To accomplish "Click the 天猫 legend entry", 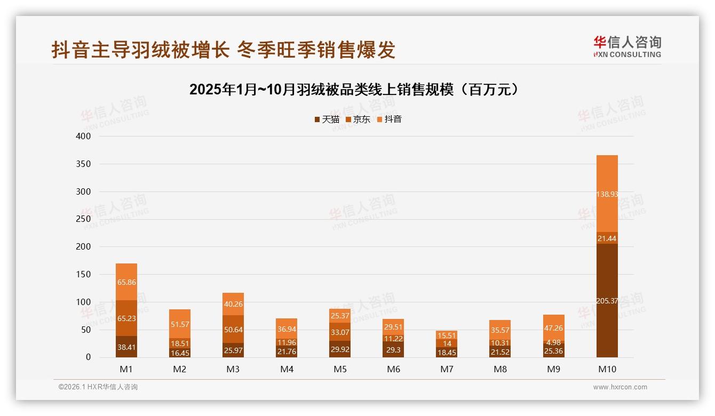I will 327,119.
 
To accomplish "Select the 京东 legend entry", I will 357,119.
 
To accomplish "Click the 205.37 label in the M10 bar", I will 607,301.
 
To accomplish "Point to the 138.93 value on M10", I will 607,194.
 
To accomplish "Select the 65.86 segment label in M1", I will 126,282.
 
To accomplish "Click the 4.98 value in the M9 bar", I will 554,342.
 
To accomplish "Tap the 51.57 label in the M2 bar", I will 180,324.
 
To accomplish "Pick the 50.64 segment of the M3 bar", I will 233,330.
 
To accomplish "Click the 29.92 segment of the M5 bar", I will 340,350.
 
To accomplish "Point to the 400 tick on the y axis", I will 84,137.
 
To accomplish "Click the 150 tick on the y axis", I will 84,275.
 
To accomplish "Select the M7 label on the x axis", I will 447,369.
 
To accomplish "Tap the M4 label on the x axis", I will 287,369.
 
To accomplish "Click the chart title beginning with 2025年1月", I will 354,90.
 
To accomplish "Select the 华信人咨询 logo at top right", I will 627,46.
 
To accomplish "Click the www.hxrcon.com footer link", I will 620,387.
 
